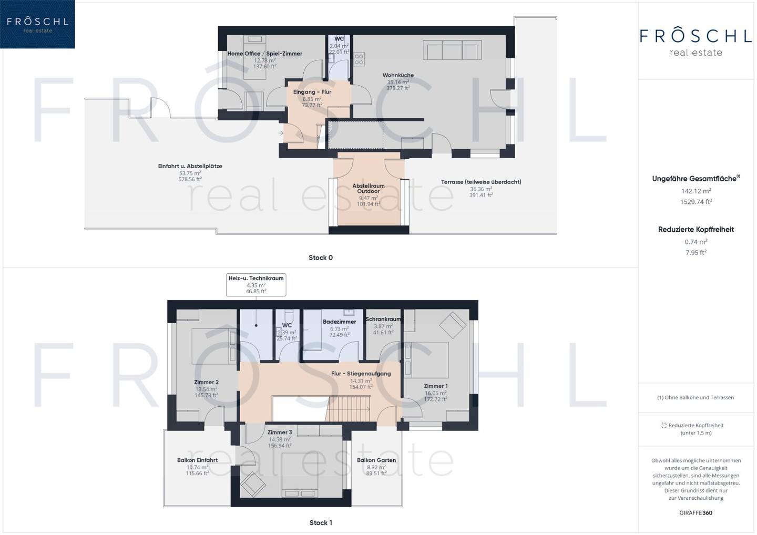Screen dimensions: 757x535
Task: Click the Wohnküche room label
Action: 398,75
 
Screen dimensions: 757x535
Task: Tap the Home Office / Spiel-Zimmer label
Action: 264,54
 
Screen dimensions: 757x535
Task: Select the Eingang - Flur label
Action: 312,92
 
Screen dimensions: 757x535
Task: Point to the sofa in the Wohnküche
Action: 452,50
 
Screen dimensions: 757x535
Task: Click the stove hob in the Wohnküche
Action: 359,59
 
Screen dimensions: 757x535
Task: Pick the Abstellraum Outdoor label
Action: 369,189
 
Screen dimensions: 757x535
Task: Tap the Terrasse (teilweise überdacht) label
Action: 481,182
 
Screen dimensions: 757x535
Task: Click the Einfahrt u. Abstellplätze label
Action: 190,166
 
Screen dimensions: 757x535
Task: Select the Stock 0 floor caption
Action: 320,258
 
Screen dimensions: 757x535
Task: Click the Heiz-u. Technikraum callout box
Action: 256,285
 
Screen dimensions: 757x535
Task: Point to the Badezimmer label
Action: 339,322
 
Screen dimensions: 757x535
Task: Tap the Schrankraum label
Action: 383,319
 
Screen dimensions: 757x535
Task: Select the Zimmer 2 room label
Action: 206,383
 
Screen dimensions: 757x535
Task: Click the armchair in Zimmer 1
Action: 453,325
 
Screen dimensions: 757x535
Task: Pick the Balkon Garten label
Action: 376,460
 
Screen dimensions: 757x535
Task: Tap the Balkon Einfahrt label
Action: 197,460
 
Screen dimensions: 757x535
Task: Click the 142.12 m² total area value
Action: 696,191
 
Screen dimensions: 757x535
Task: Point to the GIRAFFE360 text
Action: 696,513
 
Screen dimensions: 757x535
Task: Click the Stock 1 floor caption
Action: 321,523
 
